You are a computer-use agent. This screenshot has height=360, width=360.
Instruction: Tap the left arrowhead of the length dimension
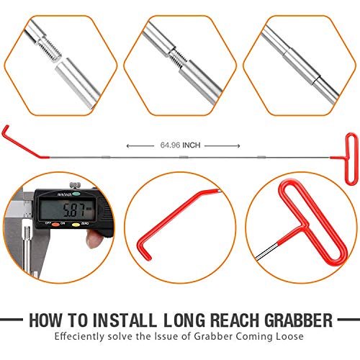coord(128,145)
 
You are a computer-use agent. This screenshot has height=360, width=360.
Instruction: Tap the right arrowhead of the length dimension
coord(232,145)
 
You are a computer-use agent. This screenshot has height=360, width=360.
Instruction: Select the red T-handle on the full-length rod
coord(349,148)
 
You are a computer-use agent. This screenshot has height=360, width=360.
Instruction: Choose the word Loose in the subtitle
coord(287,336)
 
